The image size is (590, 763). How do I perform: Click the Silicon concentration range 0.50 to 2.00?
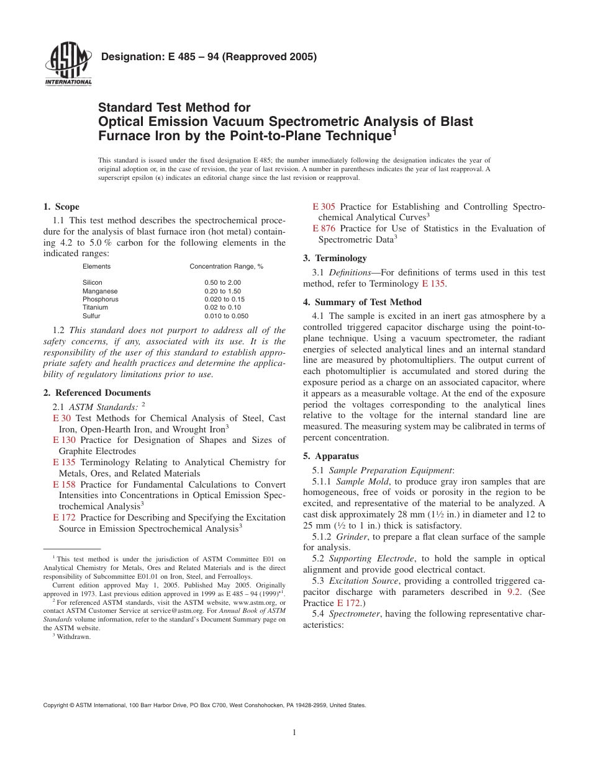click(x=222, y=282)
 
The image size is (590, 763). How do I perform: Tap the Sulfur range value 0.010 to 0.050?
click(x=226, y=316)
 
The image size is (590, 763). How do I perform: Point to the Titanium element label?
click(x=95, y=307)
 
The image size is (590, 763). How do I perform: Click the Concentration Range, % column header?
click(x=226, y=266)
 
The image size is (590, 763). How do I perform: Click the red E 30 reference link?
click(x=61, y=419)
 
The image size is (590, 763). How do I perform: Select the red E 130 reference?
click(x=64, y=440)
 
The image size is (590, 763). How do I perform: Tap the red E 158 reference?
click(x=64, y=484)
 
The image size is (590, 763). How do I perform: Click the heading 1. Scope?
click(x=61, y=207)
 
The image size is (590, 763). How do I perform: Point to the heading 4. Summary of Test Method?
click(x=362, y=302)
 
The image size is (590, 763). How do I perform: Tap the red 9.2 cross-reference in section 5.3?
click(x=514, y=592)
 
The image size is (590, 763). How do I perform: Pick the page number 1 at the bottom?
click(x=294, y=733)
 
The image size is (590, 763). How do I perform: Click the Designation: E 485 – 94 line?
click(x=209, y=57)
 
